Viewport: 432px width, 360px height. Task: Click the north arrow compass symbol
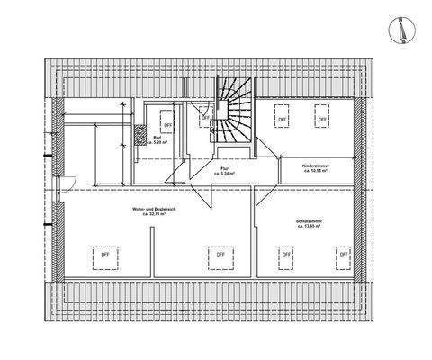point(400,31)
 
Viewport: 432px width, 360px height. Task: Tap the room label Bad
point(157,138)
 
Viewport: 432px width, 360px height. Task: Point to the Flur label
point(225,167)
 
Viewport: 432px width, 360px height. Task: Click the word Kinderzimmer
point(296,165)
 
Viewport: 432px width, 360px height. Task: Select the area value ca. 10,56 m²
point(296,170)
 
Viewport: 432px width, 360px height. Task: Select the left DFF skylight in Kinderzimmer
point(282,117)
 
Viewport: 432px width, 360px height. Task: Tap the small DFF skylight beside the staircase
point(205,117)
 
